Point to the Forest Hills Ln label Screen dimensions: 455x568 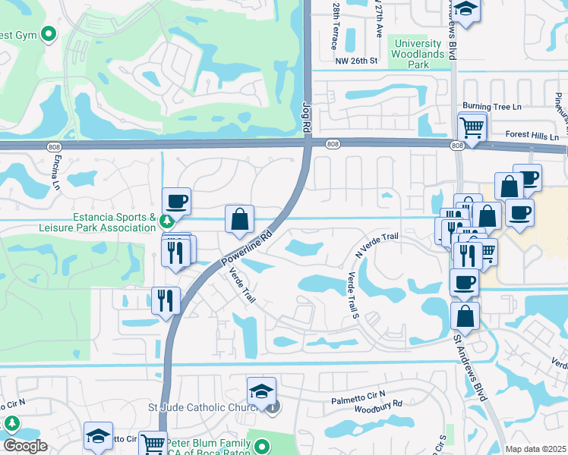(532, 137)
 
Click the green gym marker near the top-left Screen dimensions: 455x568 (49, 33)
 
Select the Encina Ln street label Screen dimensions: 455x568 (56, 173)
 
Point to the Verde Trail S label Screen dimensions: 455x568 (352, 296)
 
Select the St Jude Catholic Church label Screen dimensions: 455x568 (215, 407)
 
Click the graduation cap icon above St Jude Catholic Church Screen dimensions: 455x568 (260, 391)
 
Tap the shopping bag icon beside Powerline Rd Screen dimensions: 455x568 (239, 219)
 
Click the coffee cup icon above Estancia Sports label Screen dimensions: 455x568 (176, 202)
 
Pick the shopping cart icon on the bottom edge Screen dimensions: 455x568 (153, 443)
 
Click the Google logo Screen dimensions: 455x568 (25, 446)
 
